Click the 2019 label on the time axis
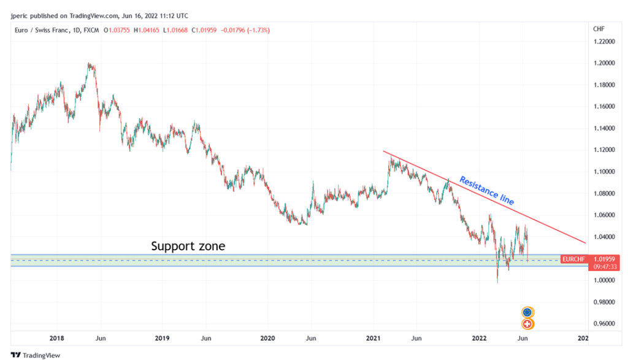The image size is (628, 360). [162, 338]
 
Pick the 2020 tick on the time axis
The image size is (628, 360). [267, 338]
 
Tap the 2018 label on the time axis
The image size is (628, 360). [57, 338]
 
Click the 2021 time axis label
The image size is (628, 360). [373, 338]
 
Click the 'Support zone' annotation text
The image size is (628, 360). [188, 247]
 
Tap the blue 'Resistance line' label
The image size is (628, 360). [486, 191]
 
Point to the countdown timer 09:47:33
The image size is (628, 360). [605, 267]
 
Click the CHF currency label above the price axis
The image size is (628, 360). [599, 29]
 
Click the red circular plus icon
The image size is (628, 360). [527, 324]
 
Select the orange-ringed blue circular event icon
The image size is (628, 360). [527, 312]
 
